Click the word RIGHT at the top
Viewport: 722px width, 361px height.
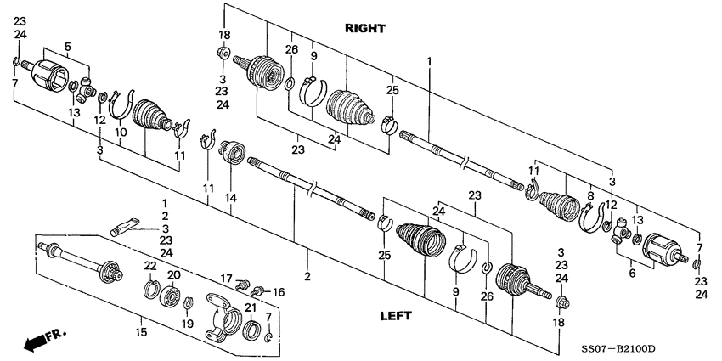[365, 28]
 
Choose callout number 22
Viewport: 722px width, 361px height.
[149, 266]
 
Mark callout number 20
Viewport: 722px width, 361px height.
[173, 275]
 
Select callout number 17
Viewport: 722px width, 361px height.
[227, 278]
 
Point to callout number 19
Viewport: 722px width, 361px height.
[187, 324]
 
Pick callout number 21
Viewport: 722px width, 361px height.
[251, 307]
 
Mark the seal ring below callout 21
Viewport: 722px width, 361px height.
[251, 330]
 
